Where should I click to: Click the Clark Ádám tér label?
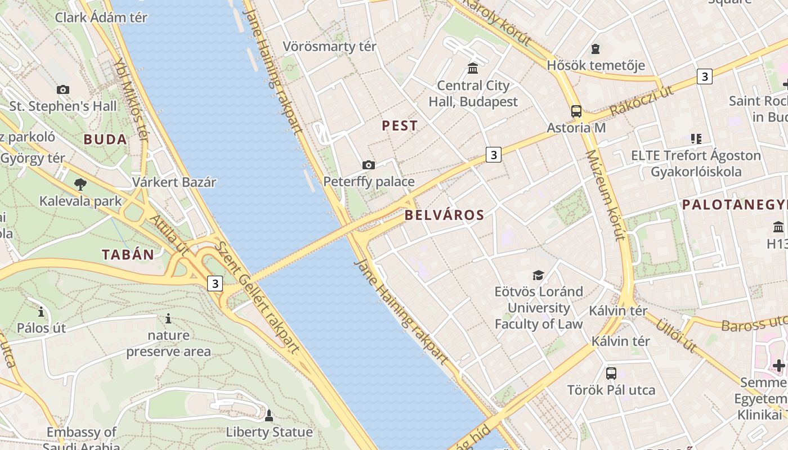(x=101, y=17)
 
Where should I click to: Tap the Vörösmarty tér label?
(x=329, y=47)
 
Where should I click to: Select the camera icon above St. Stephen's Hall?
(x=63, y=89)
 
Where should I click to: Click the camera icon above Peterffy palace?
(x=369, y=165)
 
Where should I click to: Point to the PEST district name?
(x=400, y=125)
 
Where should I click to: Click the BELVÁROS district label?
(x=444, y=215)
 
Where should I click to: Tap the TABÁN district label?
(x=128, y=254)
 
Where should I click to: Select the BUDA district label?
(x=105, y=139)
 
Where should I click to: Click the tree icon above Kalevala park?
(x=80, y=184)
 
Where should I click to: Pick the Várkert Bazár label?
(x=174, y=182)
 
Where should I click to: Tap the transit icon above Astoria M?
(x=576, y=111)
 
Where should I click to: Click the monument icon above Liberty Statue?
(x=269, y=416)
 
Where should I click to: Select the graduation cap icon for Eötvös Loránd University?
(x=539, y=275)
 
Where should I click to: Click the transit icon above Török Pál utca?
(x=611, y=373)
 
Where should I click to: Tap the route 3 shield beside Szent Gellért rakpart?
(x=214, y=283)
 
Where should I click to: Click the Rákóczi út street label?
(x=641, y=101)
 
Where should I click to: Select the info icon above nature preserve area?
(x=168, y=319)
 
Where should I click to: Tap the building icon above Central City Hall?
(x=473, y=69)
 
